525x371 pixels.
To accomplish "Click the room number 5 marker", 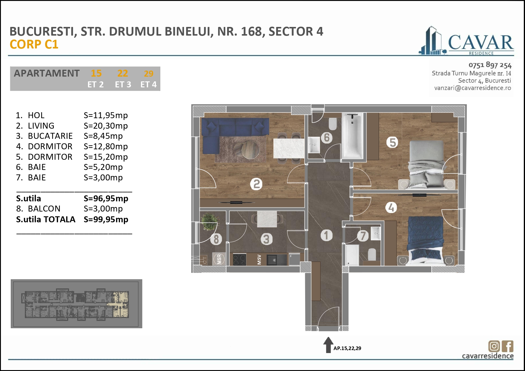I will pos(392,142).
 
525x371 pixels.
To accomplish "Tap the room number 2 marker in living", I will pos(256,184).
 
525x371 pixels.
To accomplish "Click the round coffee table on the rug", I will pos(250,150).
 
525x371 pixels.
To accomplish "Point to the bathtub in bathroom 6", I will pos(352,136).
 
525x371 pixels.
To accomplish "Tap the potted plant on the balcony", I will pos(209,221).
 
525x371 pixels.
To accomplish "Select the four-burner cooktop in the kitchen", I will pos(239,259).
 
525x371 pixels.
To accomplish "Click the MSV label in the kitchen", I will pos(259,259).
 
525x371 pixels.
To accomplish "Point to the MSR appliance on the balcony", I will pos(219,259).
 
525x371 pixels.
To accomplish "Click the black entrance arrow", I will pos(328,345).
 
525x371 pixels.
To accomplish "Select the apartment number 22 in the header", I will pos(123,73).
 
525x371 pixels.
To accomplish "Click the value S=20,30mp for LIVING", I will pos(106,126).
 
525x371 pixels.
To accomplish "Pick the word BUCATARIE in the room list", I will pos(50,136).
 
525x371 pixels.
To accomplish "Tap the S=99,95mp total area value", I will pos(106,219).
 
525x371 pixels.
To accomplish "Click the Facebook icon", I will pos(507,346).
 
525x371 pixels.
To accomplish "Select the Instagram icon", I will pos(494,346).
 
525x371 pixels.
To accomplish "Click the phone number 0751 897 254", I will pos(490,65).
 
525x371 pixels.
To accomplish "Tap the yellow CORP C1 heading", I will pos(34,45).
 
